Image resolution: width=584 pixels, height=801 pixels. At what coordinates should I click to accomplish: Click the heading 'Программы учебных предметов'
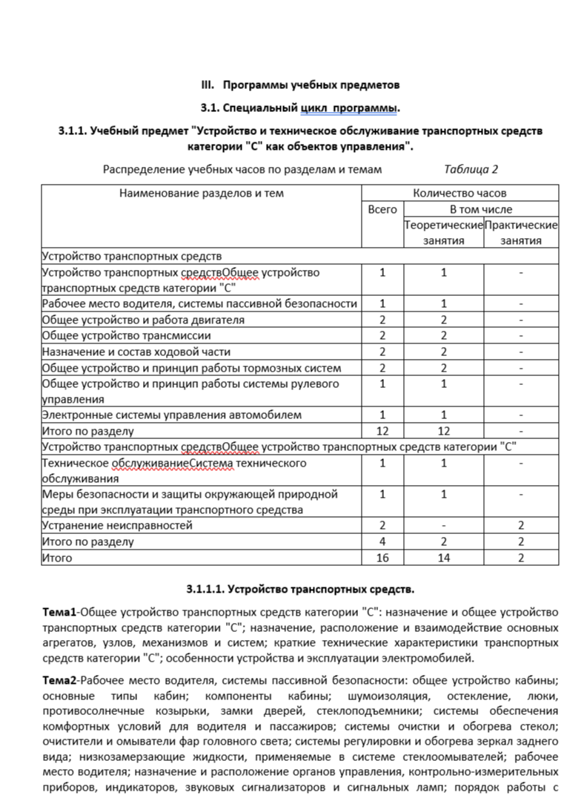(x=311, y=85)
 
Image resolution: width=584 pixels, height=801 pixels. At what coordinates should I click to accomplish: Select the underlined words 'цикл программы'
(x=349, y=108)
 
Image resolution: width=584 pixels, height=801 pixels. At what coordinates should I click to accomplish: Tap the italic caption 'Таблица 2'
(x=471, y=169)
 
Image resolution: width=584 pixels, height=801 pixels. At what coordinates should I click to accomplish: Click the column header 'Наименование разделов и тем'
(x=201, y=194)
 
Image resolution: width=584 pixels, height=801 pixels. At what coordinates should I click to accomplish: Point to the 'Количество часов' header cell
(x=459, y=194)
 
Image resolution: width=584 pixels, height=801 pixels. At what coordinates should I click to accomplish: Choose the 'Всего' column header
(x=382, y=209)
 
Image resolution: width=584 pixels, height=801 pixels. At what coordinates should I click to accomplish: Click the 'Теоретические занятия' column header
(x=444, y=232)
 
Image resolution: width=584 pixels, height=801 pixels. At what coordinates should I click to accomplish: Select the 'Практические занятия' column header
(x=521, y=232)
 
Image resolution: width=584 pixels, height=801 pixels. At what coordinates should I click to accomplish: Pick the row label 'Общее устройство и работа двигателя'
(x=144, y=320)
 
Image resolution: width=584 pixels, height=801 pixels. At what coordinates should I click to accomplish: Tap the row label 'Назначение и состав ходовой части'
(x=137, y=352)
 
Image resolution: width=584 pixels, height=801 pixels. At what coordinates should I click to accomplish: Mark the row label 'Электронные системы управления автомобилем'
(x=172, y=415)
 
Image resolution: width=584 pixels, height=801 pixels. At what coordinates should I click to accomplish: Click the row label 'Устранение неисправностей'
(x=118, y=525)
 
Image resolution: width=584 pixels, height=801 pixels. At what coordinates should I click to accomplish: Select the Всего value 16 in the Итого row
(x=382, y=557)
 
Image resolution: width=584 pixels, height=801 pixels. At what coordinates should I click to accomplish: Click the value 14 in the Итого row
(x=444, y=557)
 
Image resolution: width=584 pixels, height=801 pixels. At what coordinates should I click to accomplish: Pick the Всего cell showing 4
(x=382, y=541)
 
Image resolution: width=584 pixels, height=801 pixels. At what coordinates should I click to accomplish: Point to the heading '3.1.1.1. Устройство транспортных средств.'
(x=300, y=590)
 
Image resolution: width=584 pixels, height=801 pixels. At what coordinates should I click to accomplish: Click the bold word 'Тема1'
(x=60, y=613)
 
